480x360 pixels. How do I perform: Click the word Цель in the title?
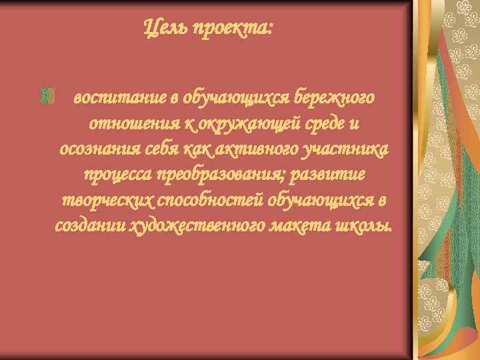[x=163, y=29]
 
